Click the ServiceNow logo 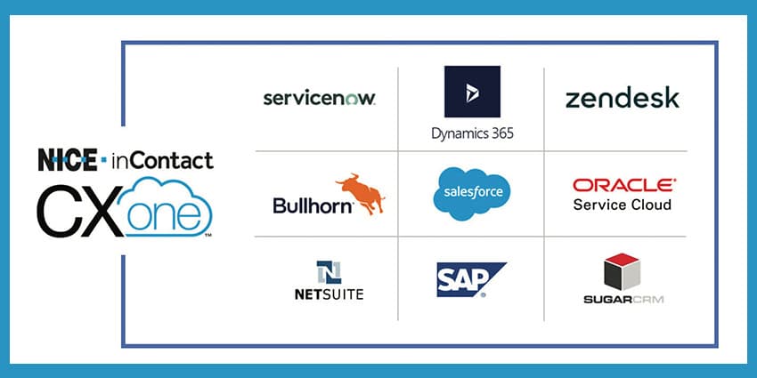[x=319, y=99]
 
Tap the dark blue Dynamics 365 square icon [x=472, y=92]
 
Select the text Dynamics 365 [x=472, y=133]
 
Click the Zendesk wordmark [x=623, y=98]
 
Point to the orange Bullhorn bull [x=361, y=193]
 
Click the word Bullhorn [x=313, y=205]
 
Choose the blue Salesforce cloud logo [x=472, y=193]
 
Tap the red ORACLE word [x=624, y=185]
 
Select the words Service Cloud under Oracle [x=623, y=205]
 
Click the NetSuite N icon [x=330, y=272]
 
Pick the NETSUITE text [x=330, y=294]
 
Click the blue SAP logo [x=471, y=279]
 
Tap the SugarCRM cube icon [x=622, y=271]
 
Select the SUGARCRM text [x=623, y=300]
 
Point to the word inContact [x=162, y=161]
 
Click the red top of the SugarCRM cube [x=622, y=259]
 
